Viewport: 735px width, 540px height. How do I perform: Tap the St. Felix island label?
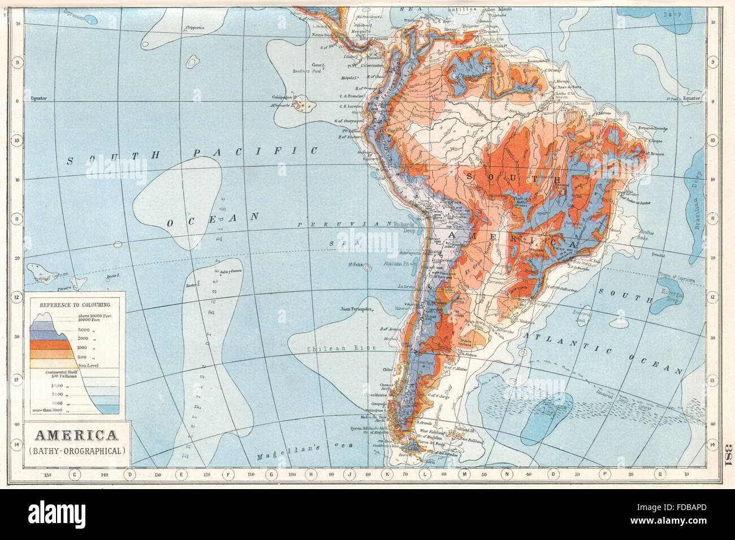tap(354, 263)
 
